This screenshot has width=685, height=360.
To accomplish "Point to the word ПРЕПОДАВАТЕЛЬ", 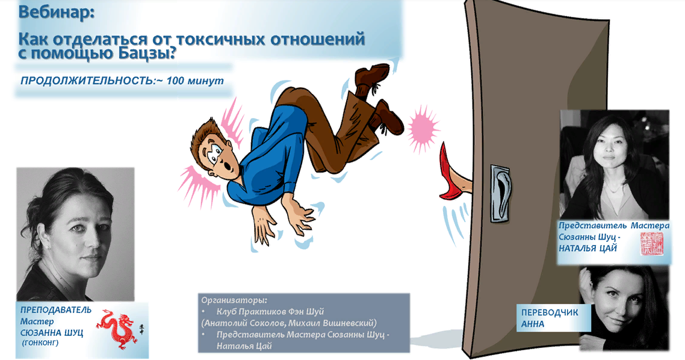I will click(56, 310).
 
